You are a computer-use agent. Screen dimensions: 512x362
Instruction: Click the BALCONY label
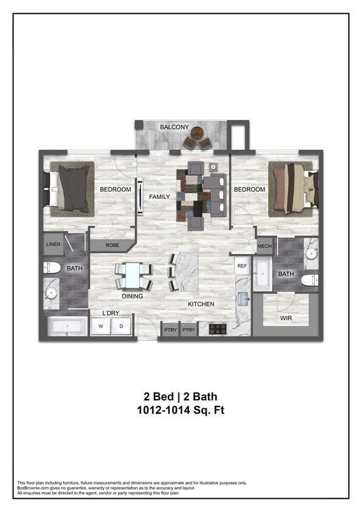click(174, 127)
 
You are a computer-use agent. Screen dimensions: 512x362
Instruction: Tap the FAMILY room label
click(159, 197)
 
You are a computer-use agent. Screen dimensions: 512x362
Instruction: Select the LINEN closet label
click(53, 244)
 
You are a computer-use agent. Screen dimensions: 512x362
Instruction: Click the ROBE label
click(112, 246)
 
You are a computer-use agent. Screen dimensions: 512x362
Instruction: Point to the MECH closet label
click(264, 246)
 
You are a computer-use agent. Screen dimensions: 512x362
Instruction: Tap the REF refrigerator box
click(242, 266)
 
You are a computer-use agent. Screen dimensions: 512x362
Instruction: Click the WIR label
click(286, 318)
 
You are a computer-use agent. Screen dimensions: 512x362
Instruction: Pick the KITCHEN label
click(201, 304)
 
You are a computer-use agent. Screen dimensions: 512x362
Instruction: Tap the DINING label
click(132, 297)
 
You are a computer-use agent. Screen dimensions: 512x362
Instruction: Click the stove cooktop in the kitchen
click(217, 329)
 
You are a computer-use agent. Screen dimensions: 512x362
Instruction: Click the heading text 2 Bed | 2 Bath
click(181, 397)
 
